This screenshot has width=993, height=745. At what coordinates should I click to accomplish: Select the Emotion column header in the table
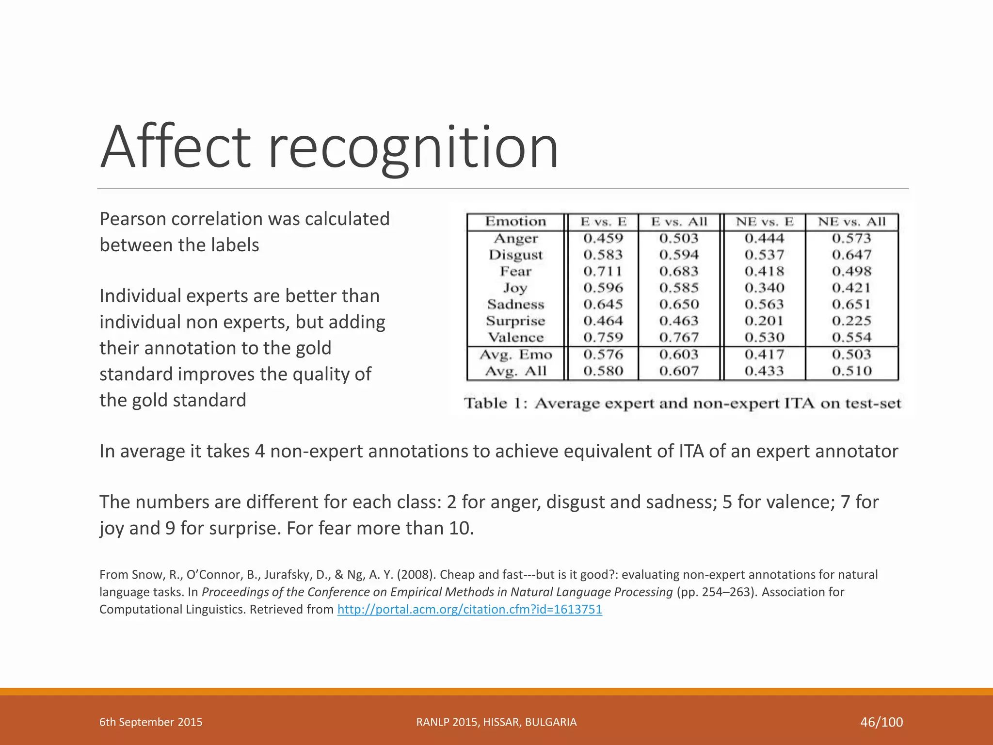515,222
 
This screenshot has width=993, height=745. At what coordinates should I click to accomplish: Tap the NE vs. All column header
851,222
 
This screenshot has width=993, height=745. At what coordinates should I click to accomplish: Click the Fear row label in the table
515,271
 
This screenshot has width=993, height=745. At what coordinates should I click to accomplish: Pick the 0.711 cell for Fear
603,271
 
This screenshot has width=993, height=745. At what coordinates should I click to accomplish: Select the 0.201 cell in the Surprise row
764,321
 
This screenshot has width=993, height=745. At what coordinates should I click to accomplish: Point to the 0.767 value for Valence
679,337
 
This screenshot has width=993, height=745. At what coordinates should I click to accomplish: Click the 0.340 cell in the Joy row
764,288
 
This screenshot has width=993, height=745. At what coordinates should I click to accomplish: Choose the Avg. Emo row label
515,355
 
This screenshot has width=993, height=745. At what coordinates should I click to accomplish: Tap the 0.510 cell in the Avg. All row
851,371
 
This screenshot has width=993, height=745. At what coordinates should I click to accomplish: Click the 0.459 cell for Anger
603,238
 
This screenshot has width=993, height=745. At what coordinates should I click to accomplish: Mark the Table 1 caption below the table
682,404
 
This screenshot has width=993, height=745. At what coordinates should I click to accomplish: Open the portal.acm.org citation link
469,609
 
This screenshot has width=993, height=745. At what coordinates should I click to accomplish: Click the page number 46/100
881,722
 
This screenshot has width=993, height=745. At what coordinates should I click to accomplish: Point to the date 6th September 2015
151,722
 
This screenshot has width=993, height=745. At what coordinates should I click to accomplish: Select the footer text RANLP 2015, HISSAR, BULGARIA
496,722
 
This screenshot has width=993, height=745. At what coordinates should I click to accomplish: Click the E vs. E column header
603,222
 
